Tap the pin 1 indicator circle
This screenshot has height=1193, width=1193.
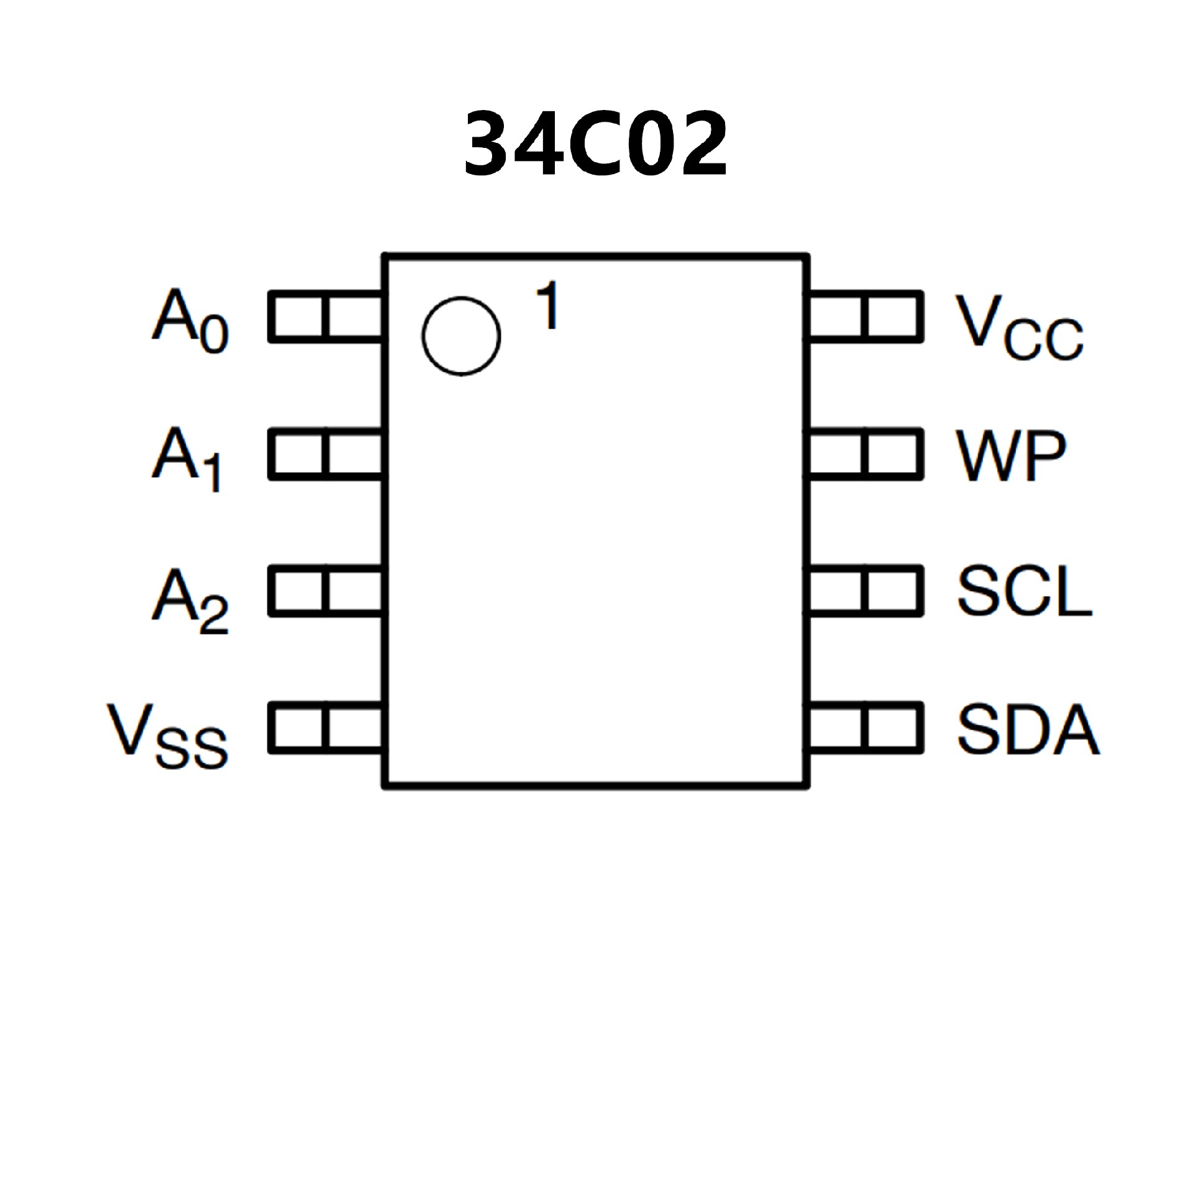(x=461, y=336)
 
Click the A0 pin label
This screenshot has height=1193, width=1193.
(x=190, y=319)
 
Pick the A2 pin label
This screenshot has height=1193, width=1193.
(x=190, y=599)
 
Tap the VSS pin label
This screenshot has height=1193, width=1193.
(x=168, y=736)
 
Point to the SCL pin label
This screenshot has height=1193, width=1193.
(x=1024, y=592)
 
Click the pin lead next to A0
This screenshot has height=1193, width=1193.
(x=325, y=316)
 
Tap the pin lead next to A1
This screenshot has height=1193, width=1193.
(x=325, y=454)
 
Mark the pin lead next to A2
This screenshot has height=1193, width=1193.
(x=325, y=591)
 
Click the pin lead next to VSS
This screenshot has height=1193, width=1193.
(x=325, y=728)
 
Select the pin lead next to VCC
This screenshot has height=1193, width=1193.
(x=866, y=316)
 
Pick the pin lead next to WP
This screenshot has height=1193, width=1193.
(x=866, y=454)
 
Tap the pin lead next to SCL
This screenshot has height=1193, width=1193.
(x=866, y=591)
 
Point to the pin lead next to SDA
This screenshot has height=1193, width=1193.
(x=866, y=728)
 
